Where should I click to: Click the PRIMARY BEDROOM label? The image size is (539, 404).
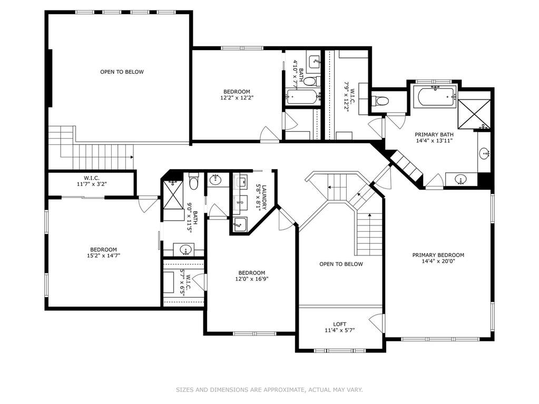(x=438, y=255)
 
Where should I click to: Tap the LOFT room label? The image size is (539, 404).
(x=340, y=324)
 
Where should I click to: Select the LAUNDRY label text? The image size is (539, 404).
(x=264, y=198)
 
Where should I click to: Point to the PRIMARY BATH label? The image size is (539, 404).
(x=434, y=135)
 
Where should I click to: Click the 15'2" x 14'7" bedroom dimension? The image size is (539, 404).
(x=103, y=255)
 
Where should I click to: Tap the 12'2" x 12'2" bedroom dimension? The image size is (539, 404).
(x=237, y=97)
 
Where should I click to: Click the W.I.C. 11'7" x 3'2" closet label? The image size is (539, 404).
(x=92, y=181)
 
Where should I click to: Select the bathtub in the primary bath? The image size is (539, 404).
(x=435, y=96)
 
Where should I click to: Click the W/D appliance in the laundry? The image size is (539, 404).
(x=240, y=203)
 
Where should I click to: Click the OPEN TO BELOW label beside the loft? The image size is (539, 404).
(x=341, y=264)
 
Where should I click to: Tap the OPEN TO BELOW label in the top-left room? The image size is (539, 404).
(x=122, y=72)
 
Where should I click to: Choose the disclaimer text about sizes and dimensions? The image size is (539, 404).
(x=270, y=390)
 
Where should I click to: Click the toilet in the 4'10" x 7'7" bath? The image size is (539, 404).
(x=310, y=82)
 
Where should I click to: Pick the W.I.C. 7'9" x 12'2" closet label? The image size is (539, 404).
(x=350, y=96)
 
